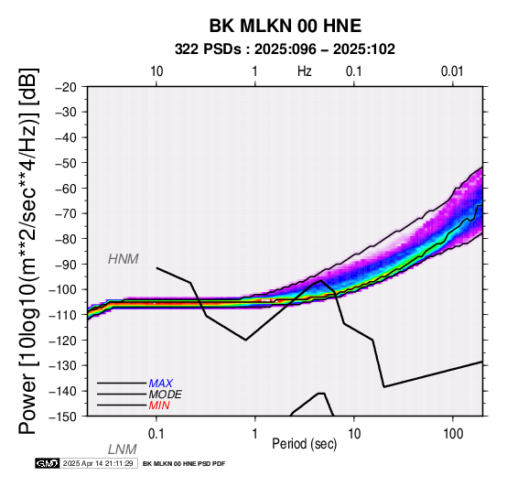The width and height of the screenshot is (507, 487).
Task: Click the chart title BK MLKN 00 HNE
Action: click(286, 26)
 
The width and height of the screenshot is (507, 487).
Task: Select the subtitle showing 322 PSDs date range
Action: click(285, 49)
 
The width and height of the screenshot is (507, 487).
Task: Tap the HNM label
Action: click(124, 259)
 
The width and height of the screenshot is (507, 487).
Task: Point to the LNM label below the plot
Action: click(123, 449)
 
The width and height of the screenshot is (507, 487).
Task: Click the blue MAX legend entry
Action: click(161, 384)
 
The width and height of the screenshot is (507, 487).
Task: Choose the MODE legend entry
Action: click(166, 395)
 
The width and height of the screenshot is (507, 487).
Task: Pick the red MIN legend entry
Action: click(159, 406)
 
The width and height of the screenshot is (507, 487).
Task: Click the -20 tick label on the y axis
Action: click(66, 87)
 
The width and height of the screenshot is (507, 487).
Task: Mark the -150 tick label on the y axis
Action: click(62, 417)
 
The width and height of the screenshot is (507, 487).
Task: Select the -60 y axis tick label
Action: click(66, 189)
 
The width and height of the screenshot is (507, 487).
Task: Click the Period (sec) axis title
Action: click(304, 444)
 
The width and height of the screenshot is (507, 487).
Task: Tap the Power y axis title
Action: click(28, 251)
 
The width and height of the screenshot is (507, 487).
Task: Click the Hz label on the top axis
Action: click(305, 71)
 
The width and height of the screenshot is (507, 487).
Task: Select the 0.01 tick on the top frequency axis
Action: click(452, 71)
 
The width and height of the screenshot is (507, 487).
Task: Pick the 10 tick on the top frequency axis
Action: click(156, 71)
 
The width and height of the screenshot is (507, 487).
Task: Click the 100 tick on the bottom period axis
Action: click(453, 434)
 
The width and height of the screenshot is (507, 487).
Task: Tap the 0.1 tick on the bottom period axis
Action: click(156, 434)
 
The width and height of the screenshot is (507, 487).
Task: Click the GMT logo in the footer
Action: click(48, 463)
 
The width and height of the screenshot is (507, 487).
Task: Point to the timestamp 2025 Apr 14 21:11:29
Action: click(98, 463)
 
